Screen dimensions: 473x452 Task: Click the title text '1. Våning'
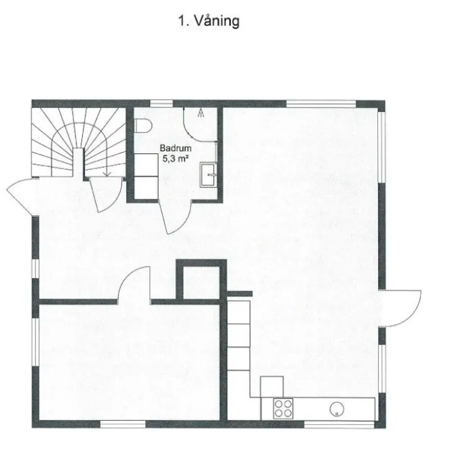point(208,22)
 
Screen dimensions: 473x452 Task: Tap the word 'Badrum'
point(173,147)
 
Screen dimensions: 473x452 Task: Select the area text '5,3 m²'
point(174,158)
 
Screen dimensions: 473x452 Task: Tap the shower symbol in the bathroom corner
point(202,114)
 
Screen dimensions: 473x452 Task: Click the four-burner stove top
point(284,408)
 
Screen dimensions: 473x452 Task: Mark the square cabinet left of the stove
point(271,386)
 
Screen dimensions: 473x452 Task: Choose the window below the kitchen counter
point(330,425)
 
